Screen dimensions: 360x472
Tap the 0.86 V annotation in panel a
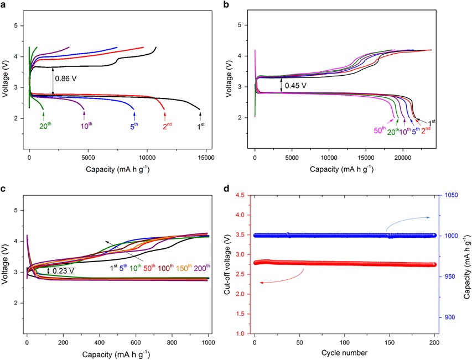pos(66,79)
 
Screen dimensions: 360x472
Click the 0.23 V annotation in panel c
pos(64,271)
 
